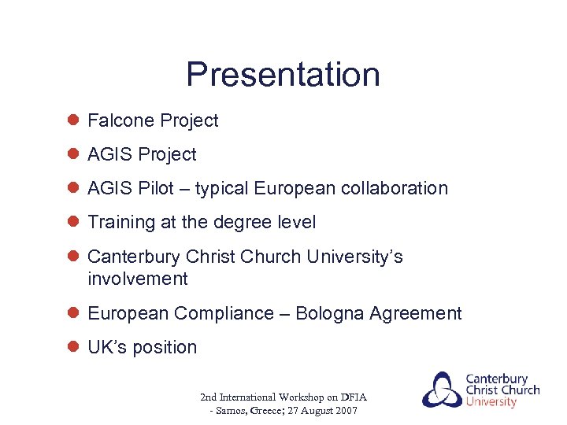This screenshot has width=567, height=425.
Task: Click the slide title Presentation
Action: pyautogui.click(x=283, y=75)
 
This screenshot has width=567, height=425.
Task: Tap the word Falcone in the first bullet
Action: pyautogui.click(x=120, y=120)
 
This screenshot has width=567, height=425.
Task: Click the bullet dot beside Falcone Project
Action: pyautogui.click(x=72, y=120)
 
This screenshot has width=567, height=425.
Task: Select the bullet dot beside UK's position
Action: pyautogui.click(x=72, y=347)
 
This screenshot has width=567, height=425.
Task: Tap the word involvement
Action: pyautogui.click(x=138, y=279)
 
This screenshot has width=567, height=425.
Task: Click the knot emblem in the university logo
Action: pyautogui.click(x=443, y=389)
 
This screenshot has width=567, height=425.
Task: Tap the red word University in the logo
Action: pyautogui.click(x=491, y=402)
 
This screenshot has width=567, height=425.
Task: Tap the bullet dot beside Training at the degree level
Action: pyautogui.click(x=72, y=222)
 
